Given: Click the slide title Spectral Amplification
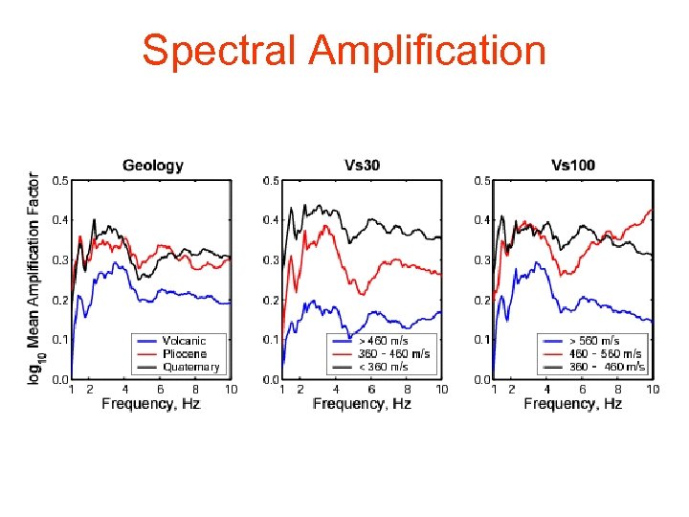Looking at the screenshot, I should [344, 50].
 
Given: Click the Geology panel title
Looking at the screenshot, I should [153, 165].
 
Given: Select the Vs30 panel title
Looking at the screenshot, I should [362, 165].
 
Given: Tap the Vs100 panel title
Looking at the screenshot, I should [573, 165].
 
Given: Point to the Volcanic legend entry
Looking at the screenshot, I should [184, 341].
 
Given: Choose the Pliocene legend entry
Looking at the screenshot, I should [185, 353].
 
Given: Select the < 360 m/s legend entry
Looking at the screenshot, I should [386, 366].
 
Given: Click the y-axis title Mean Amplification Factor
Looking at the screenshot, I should [33, 278].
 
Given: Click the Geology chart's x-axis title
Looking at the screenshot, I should [151, 404].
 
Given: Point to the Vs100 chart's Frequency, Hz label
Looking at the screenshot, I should [573, 404].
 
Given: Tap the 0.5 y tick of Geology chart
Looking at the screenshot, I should [59, 180].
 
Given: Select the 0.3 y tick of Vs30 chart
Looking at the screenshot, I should [271, 260].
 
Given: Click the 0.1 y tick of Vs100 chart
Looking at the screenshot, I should [483, 340].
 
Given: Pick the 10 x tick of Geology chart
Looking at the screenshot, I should [230, 389].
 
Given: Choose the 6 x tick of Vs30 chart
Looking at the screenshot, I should [371, 389].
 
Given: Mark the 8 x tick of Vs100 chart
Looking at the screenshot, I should [617, 389].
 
